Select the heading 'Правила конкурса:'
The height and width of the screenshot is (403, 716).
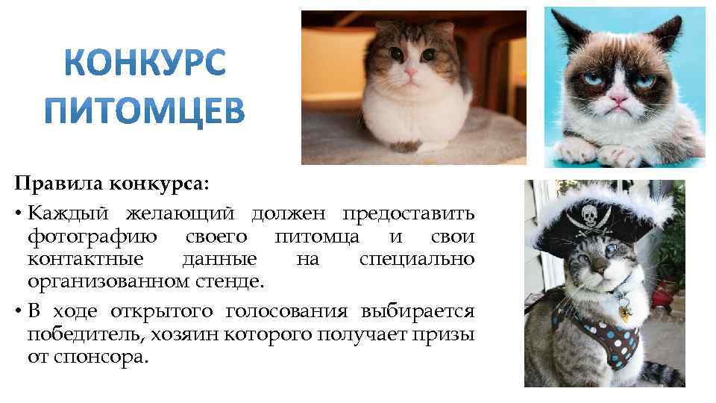[113, 184]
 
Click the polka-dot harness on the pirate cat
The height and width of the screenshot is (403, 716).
[597, 336]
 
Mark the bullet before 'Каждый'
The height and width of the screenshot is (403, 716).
[16, 215]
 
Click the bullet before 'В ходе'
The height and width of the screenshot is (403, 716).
[16, 311]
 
